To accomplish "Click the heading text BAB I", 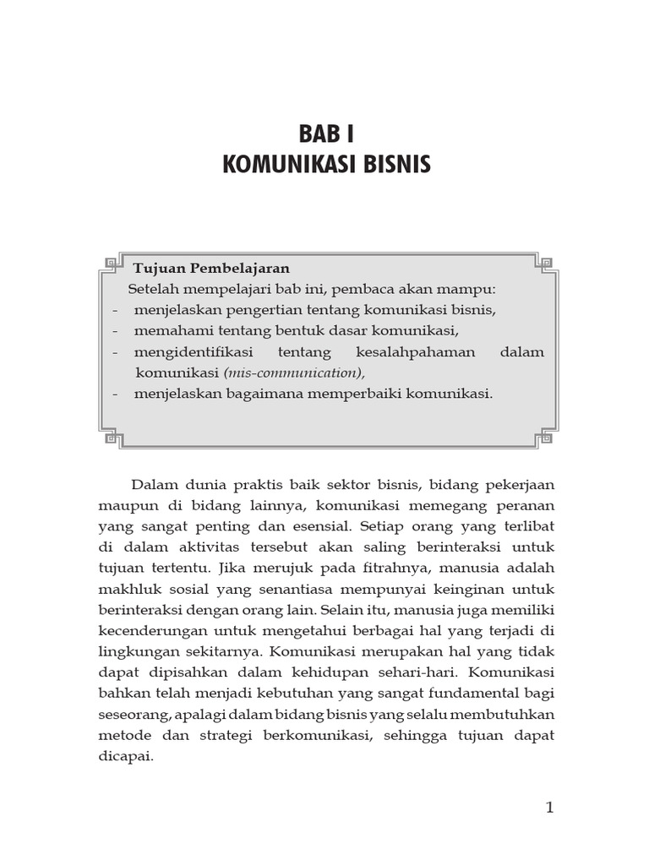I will (x=325, y=133).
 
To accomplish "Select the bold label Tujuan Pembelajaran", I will (x=210, y=269).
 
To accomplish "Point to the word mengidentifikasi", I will (x=194, y=351).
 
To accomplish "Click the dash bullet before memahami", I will (x=114, y=330).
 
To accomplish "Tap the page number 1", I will (x=549, y=808).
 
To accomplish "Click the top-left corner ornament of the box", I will (x=110, y=259).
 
